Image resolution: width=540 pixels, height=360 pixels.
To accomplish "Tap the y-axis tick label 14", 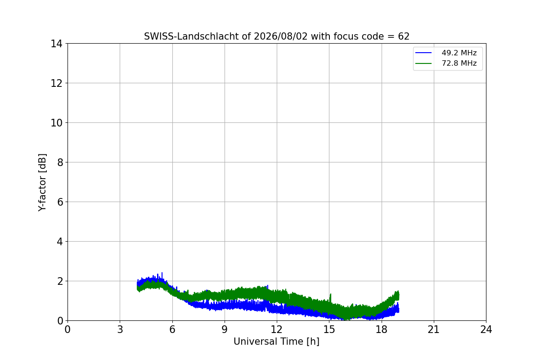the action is [56, 44].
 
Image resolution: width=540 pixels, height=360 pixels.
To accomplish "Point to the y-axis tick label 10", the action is [56, 123].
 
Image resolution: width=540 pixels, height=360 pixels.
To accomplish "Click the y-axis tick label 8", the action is [60, 162].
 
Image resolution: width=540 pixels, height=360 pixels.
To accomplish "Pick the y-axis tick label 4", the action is [60, 242].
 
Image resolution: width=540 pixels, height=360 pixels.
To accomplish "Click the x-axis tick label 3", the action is [120, 329].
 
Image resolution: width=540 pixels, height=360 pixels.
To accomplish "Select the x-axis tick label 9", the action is [225, 329].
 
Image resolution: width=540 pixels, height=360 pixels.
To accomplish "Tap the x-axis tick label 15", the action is [329, 329].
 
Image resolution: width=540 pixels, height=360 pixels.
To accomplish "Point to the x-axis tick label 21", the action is [434, 329].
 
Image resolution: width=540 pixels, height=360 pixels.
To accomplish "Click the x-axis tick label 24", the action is [486, 329].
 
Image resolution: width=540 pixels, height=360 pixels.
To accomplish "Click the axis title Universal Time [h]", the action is [276, 342].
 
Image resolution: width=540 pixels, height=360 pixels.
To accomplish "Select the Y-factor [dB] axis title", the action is [42, 183].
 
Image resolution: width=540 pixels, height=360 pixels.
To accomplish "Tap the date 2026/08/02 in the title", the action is [281, 36].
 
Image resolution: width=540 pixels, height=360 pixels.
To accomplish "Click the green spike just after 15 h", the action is [330, 298].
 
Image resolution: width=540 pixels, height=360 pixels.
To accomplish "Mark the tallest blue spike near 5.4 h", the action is [162, 275].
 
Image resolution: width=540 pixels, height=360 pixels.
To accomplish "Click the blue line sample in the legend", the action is [423, 53].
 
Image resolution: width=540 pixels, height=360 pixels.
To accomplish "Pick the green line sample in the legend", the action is [423, 63].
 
